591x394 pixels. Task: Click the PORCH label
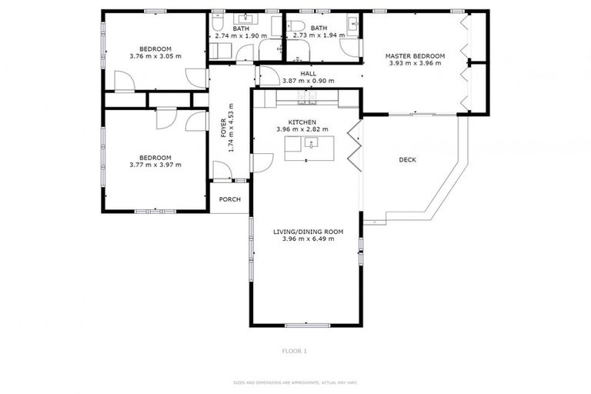tap(229, 199)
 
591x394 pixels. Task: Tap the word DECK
tap(407, 160)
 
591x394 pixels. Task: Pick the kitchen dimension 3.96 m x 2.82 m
tap(302, 129)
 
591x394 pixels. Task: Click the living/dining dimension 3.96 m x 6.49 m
tap(308, 239)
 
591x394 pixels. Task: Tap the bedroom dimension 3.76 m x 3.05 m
tap(155, 56)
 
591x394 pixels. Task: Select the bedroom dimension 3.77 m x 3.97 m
tap(155, 164)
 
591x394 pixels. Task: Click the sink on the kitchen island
tap(312, 142)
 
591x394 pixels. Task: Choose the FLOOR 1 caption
tap(295, 351)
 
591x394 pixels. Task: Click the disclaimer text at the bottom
tap(295, 382)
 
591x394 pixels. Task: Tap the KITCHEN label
tap(302, 122)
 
